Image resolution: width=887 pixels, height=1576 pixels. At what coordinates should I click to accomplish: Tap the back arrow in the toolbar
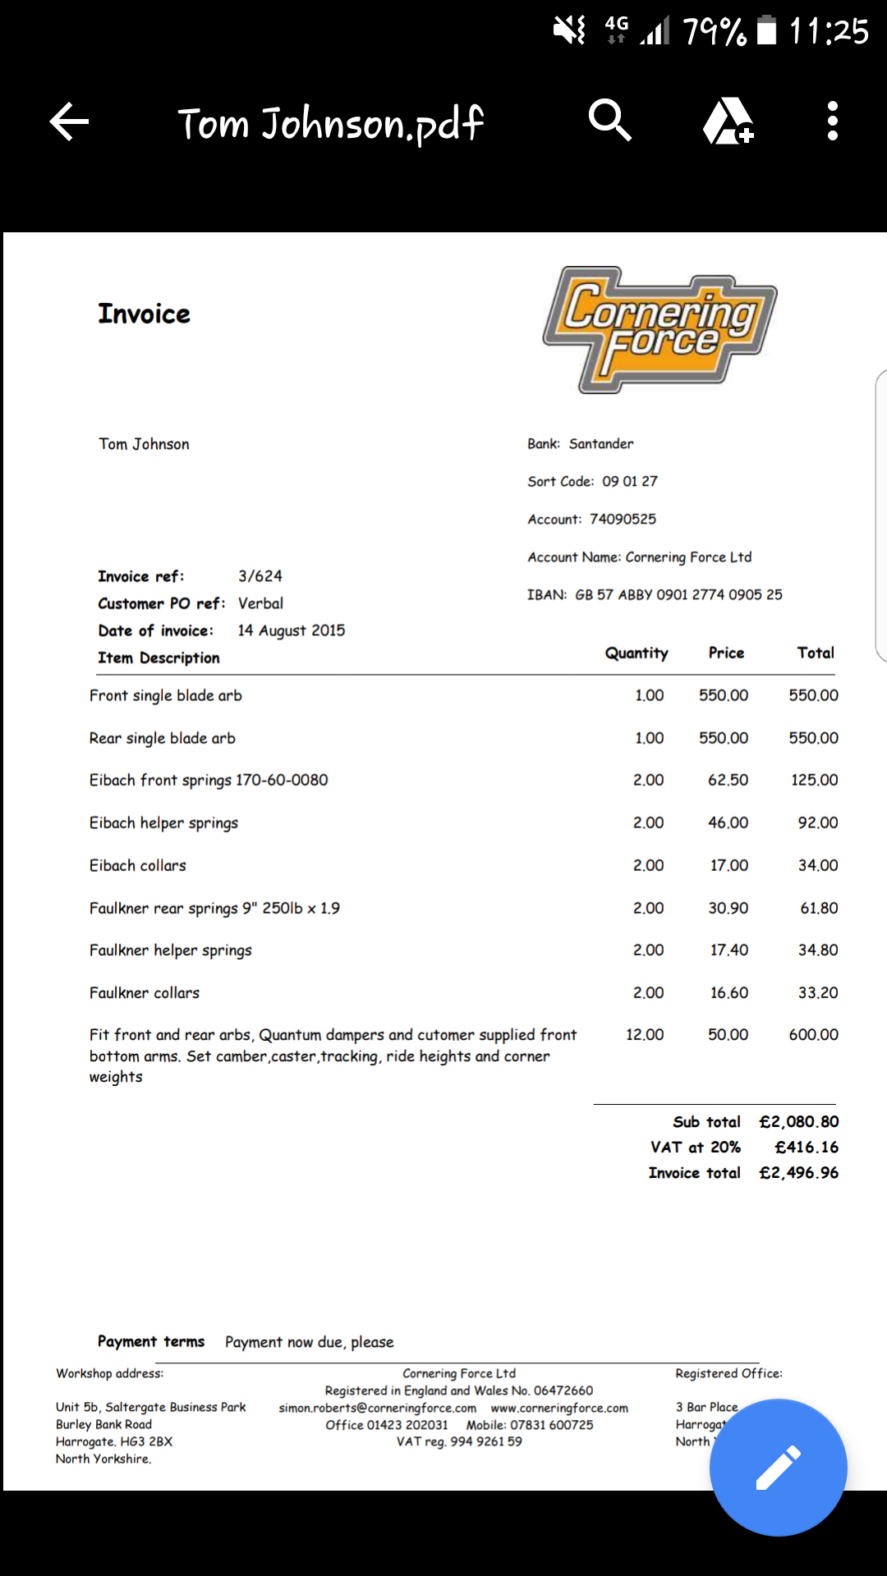pyautogui.click(x=69, y=122)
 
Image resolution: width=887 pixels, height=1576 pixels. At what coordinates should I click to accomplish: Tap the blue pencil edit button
pyautogui.click(x=778, y=1467)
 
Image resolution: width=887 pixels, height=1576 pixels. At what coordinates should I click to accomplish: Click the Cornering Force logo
pyautogui.click(x=660, y=329)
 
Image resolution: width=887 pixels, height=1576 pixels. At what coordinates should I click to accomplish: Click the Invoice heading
pyautogui.click(x=144, y=314)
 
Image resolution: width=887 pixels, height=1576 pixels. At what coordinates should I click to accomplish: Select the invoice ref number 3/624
pyautogui.click(x=260, y=576)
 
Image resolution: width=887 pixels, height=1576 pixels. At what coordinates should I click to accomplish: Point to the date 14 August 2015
pyautogui.click(x=292, y=630)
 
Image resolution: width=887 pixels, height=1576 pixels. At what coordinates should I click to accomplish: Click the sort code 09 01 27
pyautogui.click(x=630, y=481)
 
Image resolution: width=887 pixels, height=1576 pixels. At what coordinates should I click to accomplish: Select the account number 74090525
pyautogui.click(x=623, y=519)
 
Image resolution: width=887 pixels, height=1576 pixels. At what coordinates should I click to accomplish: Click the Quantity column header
pyautogui.click(x=637, y=653)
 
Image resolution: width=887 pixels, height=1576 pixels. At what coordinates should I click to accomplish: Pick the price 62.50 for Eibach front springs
pyautogui.click(x=728, y=780)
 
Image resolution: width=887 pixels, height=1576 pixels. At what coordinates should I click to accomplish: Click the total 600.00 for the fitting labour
pyautogui.click(x=813, y=1034)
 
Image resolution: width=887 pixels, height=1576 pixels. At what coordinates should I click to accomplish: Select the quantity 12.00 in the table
pyautogui.click(x=645, y=1034)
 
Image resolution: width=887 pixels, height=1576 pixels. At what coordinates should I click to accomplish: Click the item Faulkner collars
pyautogui.click(x=145, y=992)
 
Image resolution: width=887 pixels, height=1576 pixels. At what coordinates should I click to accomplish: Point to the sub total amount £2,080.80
pyautogui.click(x=799, y=1121)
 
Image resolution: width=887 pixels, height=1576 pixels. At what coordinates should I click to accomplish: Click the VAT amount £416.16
pyautogui.click(x=807, y=1147)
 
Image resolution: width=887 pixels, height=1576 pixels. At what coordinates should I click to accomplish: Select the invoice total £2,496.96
pyautogui.click(x=799, y=1173)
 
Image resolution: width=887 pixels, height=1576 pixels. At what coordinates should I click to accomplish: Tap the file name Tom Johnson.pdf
pyautogui.click(x=330, y=124)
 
